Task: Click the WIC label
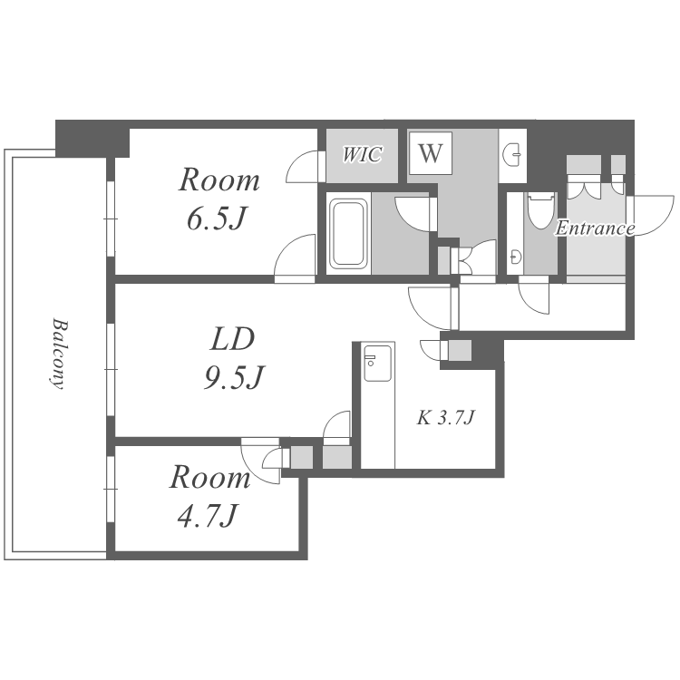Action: [363, 154]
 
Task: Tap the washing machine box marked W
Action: [431, 153]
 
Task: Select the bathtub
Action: [349, 233]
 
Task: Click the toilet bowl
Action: [541, 211]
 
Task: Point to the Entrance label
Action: [595, 228]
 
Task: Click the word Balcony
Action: [59, 354]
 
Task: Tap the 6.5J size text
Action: [218, 219]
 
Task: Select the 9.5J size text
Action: [234, 377]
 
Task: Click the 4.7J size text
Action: [208, 515]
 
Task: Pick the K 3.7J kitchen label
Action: [446, 418]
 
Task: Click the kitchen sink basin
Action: [377, 364]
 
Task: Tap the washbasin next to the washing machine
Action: [512, 155]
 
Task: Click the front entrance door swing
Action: [650, 216]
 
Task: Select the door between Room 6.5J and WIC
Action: [306, 167]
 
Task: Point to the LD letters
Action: [232, 339]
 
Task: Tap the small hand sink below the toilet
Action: [515, 257]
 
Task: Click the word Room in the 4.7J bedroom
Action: [210, 478]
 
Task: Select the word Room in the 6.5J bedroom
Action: [219, 180]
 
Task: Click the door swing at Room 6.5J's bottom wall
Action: [295, 259]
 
